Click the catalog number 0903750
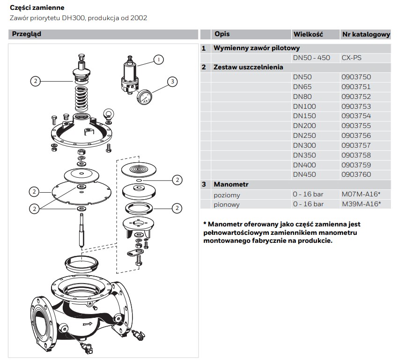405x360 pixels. [x=356, y=77]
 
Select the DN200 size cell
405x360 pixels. [x=304, y=126]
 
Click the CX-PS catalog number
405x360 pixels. [x=351, y=58]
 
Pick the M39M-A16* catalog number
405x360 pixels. [x=361, y=204]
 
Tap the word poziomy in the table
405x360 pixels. [x=227, y=195]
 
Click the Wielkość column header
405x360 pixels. [x=309, y=34]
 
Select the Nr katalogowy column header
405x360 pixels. [x=366, y=34]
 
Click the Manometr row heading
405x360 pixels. [x=231, y=184]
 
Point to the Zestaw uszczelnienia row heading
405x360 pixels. [x=248, y=67]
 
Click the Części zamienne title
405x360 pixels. [x=37, y=8]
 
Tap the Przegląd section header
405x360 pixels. [x=27, y=34]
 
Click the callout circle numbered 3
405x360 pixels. [x=172, y=82]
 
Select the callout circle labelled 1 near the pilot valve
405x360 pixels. [x=159, y=60]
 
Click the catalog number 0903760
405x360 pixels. [x=356, y=174]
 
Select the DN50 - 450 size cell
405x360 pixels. [x=311, y=58]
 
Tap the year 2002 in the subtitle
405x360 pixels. [x=139, y=18]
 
